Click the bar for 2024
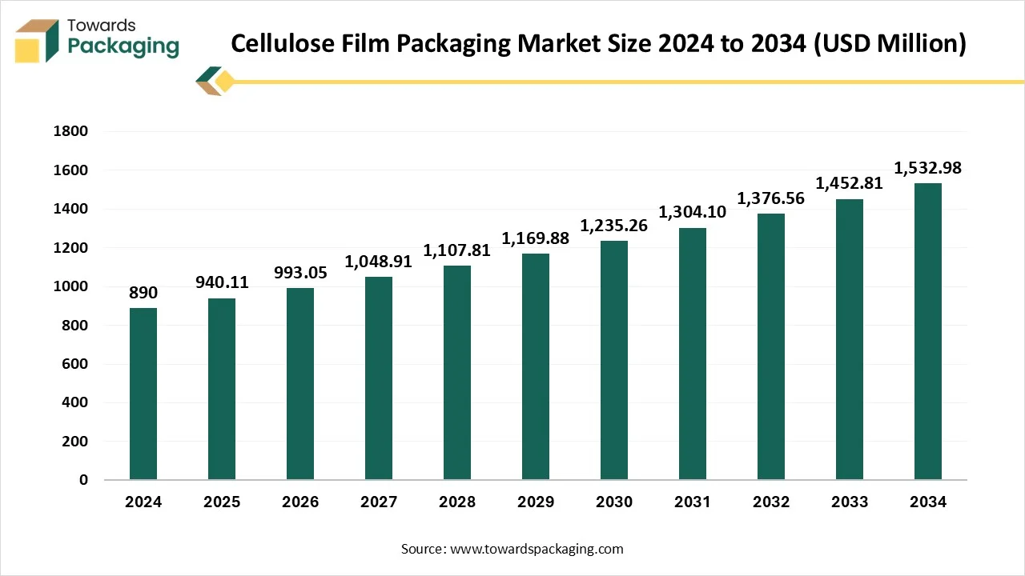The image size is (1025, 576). [x=143, y=394]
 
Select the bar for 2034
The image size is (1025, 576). [x=928, y=331]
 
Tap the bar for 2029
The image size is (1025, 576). [x=536, y=366]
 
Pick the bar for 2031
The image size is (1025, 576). [x=693, y=354]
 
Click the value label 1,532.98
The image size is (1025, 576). [x=928, y=168]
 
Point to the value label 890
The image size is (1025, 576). [x=143, y=293]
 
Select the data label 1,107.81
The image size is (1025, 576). [x=457, y=250]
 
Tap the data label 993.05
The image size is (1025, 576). [x=300, y=273]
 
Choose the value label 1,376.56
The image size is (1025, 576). [x=771, y=198]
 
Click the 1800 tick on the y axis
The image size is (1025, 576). [x=70, y=132]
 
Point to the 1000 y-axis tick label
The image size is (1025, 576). [x=70, y=286]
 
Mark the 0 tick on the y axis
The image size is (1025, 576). [x=83, y=480]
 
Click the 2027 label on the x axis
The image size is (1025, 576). [x=379, y=502]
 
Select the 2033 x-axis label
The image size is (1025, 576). [x=850, y=502]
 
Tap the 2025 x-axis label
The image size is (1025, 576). [x=222, y=502]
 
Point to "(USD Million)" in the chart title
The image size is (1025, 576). [x=890, y=43]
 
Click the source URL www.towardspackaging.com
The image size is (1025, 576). [x=537, y=549]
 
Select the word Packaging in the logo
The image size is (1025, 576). [x=123, y=46]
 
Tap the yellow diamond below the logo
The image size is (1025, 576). [x=225, y=81]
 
